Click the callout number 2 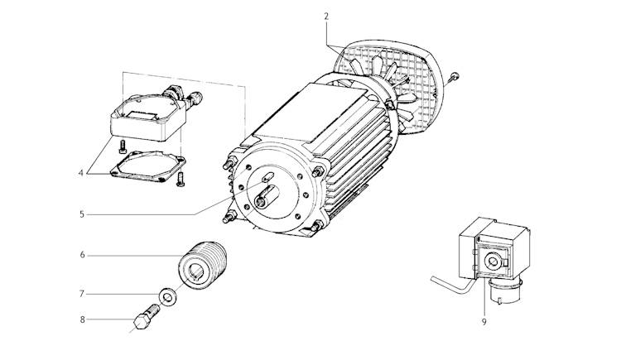click(x=326, y=16)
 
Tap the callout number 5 click(x=82, y=214)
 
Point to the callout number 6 click(x=82, y=255)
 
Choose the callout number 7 click(x=82, y=293)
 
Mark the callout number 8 click(x=82, y=319)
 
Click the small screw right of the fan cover click(x=455, y=78)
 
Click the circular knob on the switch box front click(x=493, y=261)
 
